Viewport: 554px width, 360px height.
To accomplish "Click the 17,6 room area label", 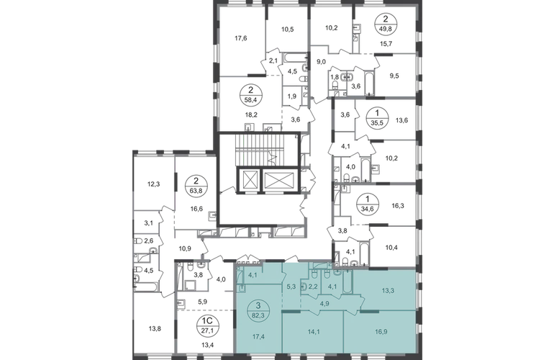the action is coord(240,39).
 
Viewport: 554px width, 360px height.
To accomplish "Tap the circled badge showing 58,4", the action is coord(251,95).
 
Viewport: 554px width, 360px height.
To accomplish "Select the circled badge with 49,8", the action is coord(386,24).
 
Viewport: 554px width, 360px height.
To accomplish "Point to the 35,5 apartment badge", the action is coord(377,119).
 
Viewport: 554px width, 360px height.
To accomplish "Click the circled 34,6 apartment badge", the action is coord(368,204).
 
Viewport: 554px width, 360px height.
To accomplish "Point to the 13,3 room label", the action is coord(388,291).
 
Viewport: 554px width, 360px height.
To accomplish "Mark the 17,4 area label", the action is coord(258,337).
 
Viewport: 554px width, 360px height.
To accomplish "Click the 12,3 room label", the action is coord(153,184).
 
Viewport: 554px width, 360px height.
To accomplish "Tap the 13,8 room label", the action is coord(155,329).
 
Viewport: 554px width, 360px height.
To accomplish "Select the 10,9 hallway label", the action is coord(185,248).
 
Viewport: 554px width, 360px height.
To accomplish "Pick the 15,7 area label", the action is coord(386,44).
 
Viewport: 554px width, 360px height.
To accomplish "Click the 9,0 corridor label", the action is coord(321,62).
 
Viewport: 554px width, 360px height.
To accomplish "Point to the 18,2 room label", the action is coord(250,114).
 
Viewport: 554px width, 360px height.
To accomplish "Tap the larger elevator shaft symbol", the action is coord(279,180).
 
